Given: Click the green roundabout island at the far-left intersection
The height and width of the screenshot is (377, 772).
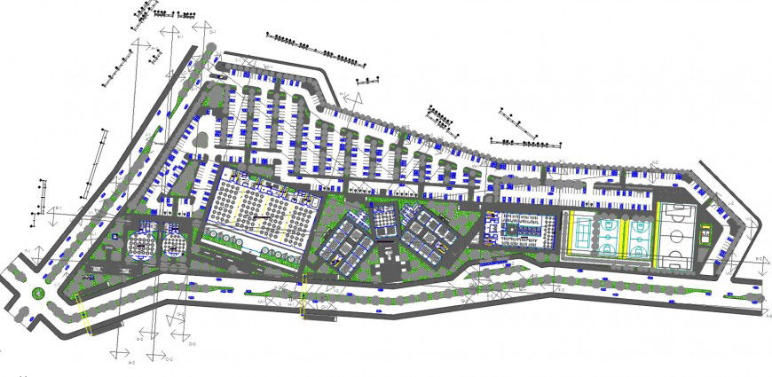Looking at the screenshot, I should pyautogui.click(x=38, y=289).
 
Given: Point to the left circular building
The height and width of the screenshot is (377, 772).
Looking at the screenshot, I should pyautogui.click(x=140, y=243).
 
